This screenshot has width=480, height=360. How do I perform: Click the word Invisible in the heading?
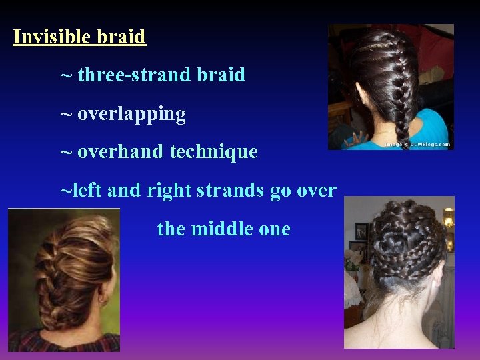pyautogui.click(x=52, y=36)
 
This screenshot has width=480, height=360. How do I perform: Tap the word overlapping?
pyautogui.click(x=131, y=114)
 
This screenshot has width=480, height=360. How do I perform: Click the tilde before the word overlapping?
pyautogui.click(x=66, y=114)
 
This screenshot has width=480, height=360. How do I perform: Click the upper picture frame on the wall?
pyautogui.click(x=361, y=231)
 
